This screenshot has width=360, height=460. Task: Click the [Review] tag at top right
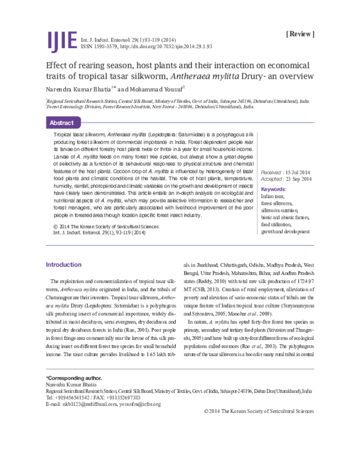(x=300, y=34)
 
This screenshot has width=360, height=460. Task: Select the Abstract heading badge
(x=62, y=123)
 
